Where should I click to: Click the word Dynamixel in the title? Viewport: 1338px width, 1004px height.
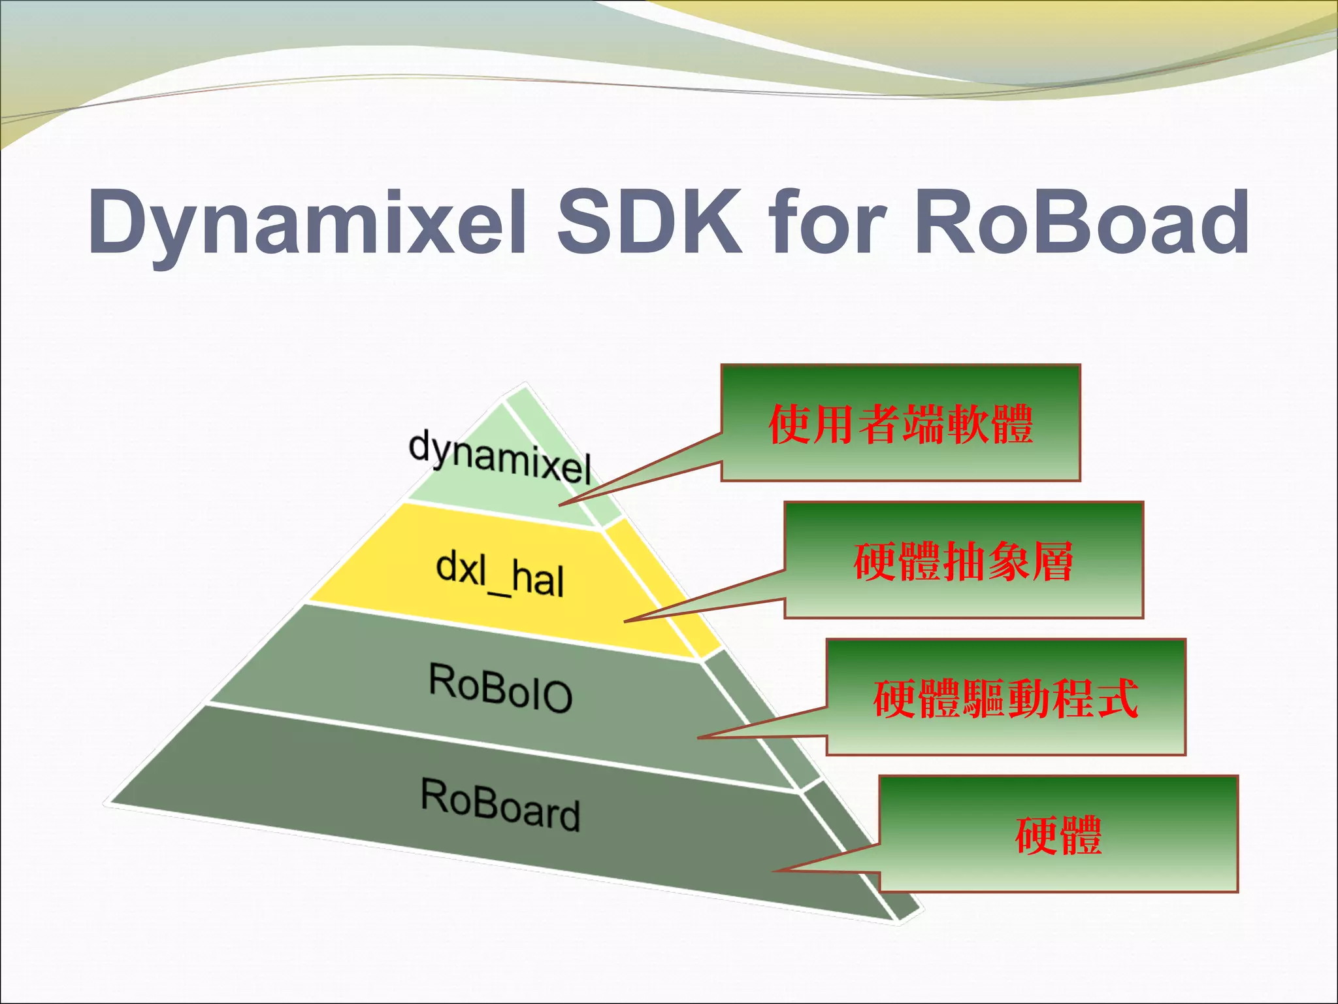tap(307, 222)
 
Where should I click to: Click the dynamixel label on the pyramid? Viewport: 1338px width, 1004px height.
tap(500, 456)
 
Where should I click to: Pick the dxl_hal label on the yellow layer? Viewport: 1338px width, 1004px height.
tap(500, 574)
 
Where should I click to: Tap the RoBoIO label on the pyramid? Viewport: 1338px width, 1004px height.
tap(500, 688)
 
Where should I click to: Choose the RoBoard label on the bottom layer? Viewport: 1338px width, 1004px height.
tap(500, 804)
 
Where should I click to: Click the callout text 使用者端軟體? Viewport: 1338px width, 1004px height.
tap(900, 424)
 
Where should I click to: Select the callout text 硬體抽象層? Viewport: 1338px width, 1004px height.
tap(964, 561)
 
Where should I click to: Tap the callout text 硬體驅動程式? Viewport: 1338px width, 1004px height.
tap(1006, 699)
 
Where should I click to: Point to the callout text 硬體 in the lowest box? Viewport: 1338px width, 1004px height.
tap(1058, 835)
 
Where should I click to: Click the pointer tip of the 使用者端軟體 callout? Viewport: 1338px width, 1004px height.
tap(560, 505)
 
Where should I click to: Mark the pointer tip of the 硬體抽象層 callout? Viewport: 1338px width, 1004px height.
tap(625, 621)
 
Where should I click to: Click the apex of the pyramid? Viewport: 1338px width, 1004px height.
tap(524, 384)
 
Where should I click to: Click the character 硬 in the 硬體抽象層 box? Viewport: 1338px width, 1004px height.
tap(875, 561)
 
